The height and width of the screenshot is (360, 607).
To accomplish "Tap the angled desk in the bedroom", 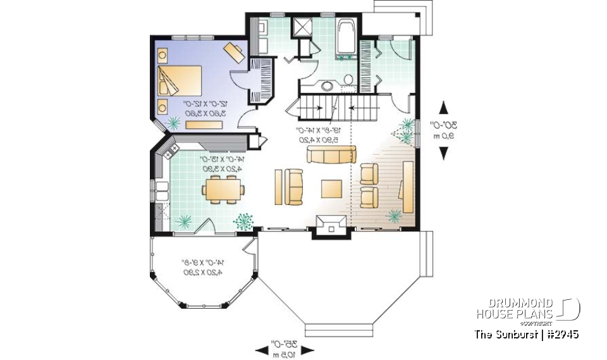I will point(235,51).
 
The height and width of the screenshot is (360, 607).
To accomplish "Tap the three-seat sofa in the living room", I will point(331,154).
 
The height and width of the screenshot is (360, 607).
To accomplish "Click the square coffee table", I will point(331,189).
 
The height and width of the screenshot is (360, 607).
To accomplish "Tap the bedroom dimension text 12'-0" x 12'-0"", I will point(204,108).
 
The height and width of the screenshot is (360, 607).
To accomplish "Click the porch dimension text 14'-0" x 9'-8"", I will point(202,266).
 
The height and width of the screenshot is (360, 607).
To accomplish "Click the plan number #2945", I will point(561,334).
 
